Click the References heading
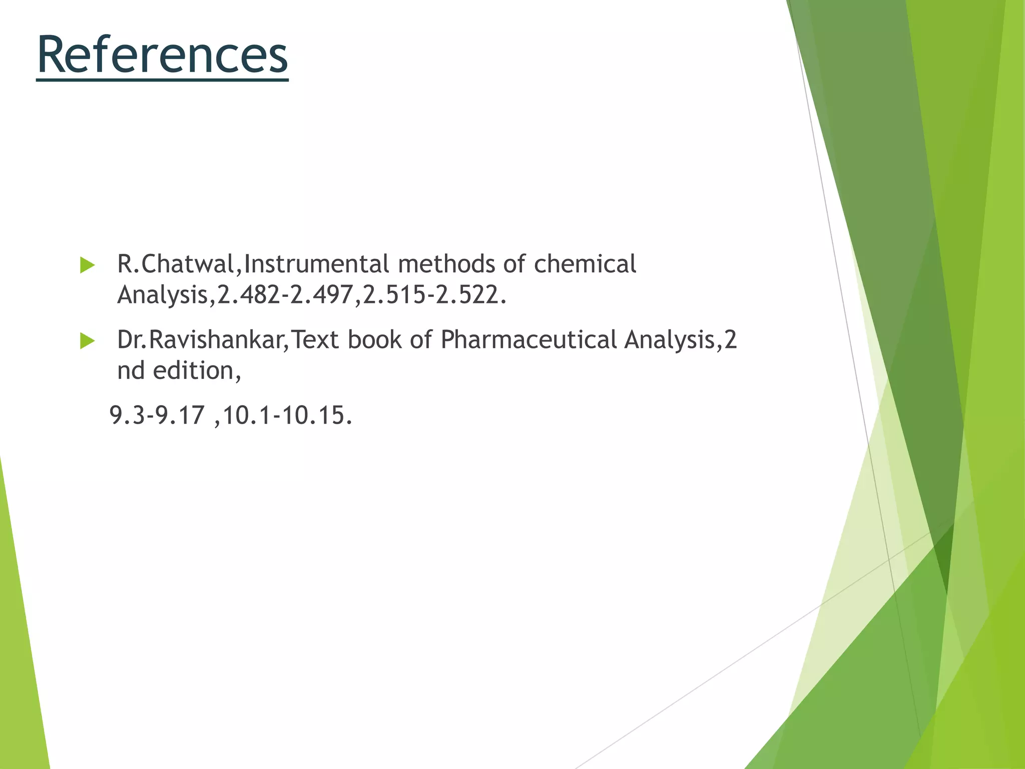[163, 55]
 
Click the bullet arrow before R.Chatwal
[87, 265]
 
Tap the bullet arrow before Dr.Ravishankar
[87, 341]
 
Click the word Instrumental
[316, 264]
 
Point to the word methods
[446, 264]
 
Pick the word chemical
[585, 264]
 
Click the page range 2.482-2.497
[285, 295]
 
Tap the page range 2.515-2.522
[431, 295]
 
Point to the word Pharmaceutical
[529, 340]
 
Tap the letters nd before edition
[131, 371]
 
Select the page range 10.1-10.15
[287, 416]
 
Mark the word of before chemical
[515, 264]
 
